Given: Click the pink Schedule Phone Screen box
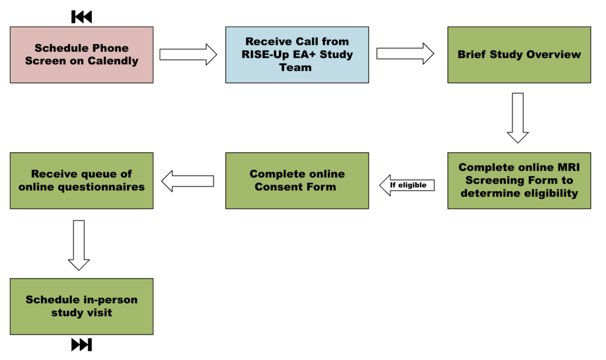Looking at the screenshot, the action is pos(82,55).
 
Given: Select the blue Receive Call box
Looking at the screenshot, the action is pos(297,55).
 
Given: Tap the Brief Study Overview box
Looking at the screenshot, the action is pos(519,55).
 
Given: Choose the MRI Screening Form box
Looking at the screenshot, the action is pos(519,181).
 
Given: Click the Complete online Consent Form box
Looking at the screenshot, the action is pos(297,181).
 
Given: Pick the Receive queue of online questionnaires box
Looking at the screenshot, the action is pos(82,181).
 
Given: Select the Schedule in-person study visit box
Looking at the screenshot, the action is pos(82,306).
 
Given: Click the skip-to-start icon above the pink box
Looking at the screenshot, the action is pos(82,17).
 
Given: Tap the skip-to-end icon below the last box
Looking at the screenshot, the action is pos(82,345).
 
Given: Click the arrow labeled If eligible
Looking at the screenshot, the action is pos(407,185).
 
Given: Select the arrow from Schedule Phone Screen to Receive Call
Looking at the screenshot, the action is pos(188,55).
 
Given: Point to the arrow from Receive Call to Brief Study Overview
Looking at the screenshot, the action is pos(405,54).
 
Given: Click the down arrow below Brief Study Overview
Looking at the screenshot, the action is pos(518,118).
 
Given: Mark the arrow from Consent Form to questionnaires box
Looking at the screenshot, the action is pos(188,181).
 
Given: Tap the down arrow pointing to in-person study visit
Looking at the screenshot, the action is pos(79,245).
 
